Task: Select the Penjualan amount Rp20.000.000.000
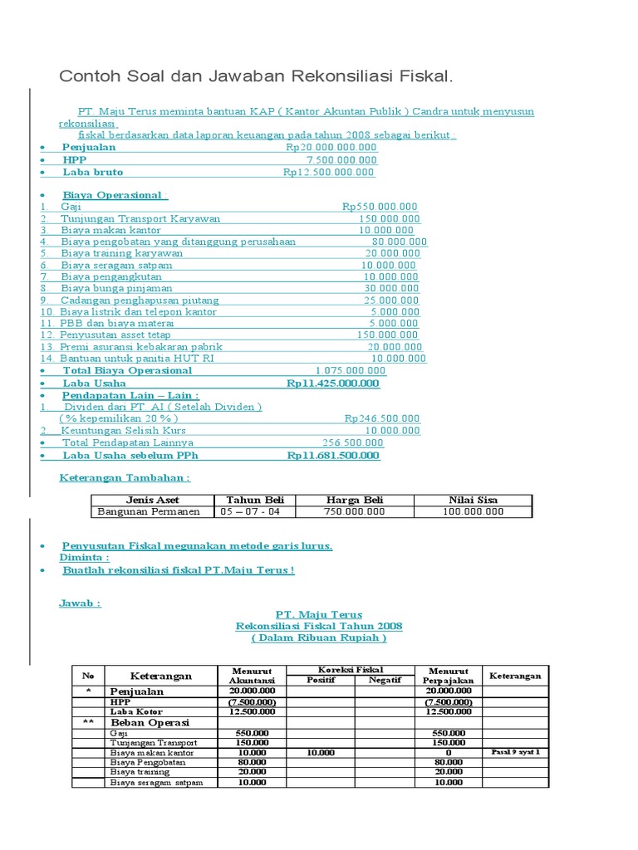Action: tap(331, 147)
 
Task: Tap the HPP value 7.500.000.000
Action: tap(341, 159)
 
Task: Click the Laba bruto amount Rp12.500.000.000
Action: tap(328, 172)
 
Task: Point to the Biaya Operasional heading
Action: tap(115, 194)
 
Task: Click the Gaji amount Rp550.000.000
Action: tap(380, 207)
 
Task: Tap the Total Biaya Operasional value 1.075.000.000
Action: tap(350, 370)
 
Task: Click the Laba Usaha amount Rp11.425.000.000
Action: tap(332, 383)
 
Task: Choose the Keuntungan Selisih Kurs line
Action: tap(123, 431)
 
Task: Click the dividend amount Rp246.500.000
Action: tap(382, 419)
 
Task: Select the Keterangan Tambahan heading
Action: tap(125, 478)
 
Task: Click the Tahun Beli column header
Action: tap(255, 500)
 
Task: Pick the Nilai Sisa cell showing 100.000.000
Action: tap(474, 511)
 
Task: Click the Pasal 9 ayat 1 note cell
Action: tap(516, 751)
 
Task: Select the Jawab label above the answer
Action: tap(80, 603)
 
